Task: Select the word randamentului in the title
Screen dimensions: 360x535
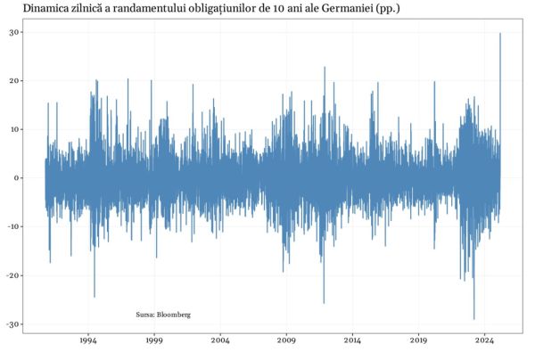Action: pyautogui.click(x=131, y=8)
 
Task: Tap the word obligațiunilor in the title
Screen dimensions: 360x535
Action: pyautogui.click(x=212, y=8)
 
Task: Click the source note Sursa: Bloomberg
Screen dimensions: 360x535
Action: pyautogui.click(x=163, y=315)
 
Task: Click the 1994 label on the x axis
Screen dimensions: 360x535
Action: pyautogui.click(x=88, y=340)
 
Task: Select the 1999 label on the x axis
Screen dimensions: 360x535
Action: pyautogui.click(x=154, y=340)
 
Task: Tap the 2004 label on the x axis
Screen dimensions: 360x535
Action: pyautogui.click(x=220, y=340)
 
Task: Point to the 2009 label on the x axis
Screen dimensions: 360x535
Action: pyautogui.click(x=286, y=340)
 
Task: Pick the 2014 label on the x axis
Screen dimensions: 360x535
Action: pyautogui.click(x=352, y=340)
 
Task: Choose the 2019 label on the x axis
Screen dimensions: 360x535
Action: pyautogui.click(x=419, y=340)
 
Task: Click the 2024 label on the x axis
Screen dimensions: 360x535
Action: pyautogui.click(x=485, y=340)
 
